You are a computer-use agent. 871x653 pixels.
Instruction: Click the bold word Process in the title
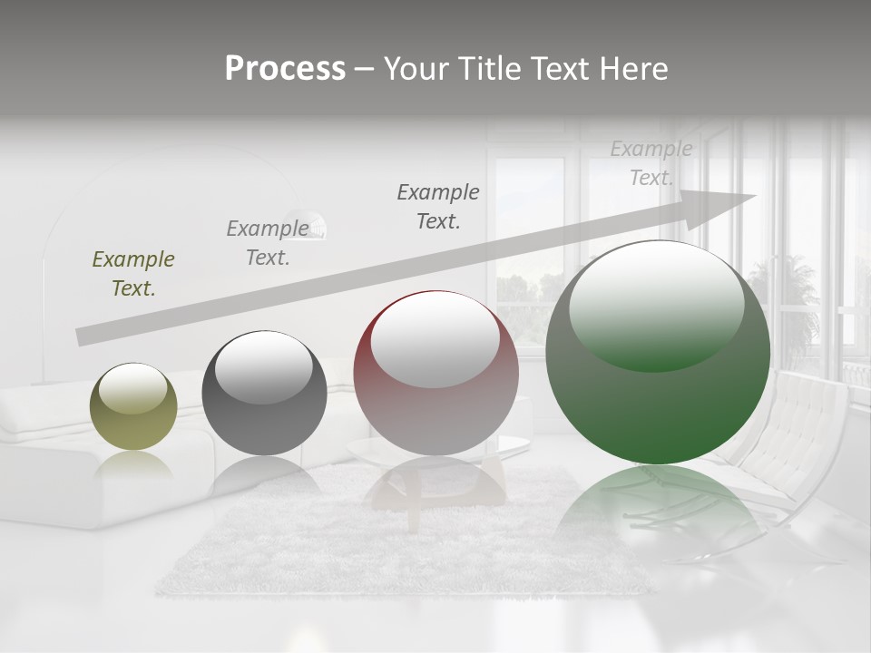tap(285, 69)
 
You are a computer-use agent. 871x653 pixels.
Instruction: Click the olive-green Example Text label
tap(133, 274)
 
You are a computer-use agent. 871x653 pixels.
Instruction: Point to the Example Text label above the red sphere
tap(438, 206)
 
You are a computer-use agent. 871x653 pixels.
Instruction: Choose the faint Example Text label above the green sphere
tap(651, 163)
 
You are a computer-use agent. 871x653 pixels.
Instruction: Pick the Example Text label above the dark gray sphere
tap(268, 242)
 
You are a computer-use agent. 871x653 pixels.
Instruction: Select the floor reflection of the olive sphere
tap(133, 464)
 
